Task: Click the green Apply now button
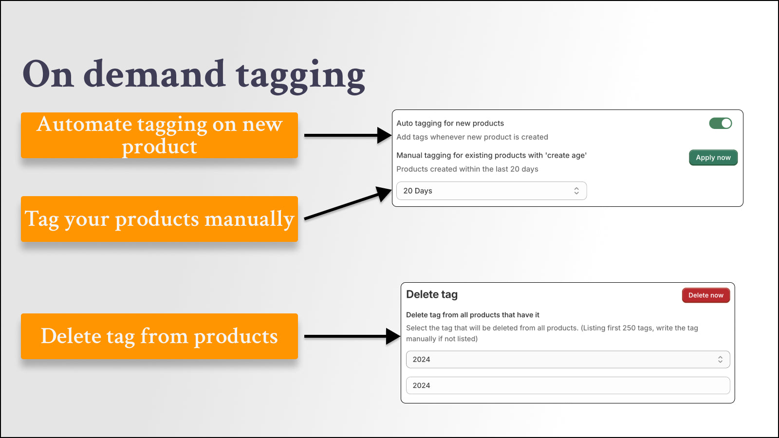(713, 158)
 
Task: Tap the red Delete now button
(705, 295)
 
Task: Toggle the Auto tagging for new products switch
(720, 123)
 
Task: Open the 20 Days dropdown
(491, 191)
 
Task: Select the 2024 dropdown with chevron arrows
(568, 360)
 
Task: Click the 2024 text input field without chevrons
(568, 385)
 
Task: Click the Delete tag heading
(432, 294)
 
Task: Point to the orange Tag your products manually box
(159, 219)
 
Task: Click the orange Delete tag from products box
(159, 336)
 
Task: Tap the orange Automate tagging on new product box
(159, 135)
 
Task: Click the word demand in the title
(154, 73)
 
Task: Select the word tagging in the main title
(300, 76)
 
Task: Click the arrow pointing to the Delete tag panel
(352, 336)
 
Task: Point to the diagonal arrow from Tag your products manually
(348, 203)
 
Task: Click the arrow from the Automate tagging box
(348, 135)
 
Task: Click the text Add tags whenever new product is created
(472, 137)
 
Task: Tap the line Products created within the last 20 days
(467, 169)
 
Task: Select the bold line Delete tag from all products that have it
(473, 315)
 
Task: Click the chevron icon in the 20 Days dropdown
(576, 191)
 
